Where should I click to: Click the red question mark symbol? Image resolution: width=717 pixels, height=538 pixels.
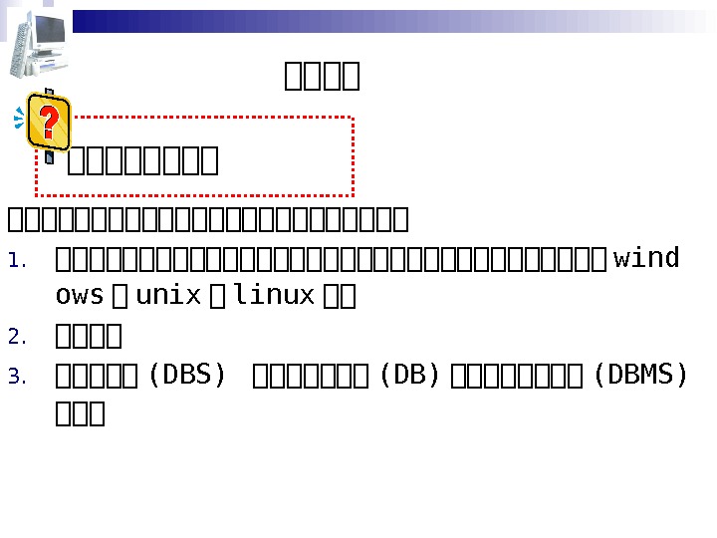[x=46, y=121]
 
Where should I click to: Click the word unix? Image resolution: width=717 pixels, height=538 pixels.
[x=168, y=296]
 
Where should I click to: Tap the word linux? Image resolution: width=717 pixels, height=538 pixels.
[x=274, y=296]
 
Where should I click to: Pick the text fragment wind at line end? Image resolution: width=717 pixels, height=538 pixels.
[x=646, y=259]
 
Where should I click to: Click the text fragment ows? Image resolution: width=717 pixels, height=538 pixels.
[x=80, y=296]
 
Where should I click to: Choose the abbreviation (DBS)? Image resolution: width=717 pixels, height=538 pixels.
[x=186, y=376]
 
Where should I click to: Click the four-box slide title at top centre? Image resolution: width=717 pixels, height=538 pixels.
[x=322, y=76]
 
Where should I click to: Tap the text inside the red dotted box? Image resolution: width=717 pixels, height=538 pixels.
[x=142, y=159]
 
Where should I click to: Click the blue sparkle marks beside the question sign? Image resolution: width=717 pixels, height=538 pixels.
[x=19, y=120]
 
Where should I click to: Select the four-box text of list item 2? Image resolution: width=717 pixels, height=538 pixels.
[x=89, y=336]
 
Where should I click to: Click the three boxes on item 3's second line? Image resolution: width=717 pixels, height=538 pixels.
[x=81, y=413]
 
